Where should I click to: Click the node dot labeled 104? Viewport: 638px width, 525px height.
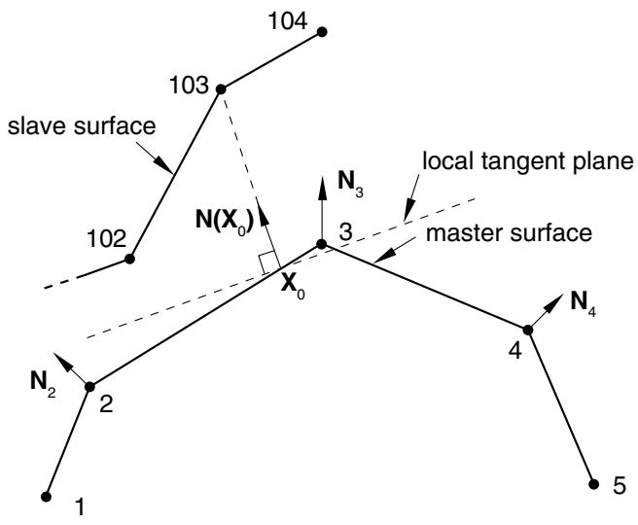click(322, 32)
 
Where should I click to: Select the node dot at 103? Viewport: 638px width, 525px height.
click(221, 89)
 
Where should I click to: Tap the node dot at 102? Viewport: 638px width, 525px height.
click(129, 259)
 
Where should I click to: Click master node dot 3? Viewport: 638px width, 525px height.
click(322, 244)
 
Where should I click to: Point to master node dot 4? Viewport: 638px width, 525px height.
click(528, 330)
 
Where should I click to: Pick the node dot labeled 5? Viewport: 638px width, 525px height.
click(594, 484)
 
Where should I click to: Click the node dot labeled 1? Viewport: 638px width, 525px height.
click(46, 497)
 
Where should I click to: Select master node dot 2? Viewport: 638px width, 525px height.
click(89, 386)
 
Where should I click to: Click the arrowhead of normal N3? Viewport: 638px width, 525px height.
click(322, 188)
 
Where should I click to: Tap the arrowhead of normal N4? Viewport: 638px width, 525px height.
click(554, 302)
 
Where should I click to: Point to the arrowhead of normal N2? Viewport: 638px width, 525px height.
click(60, 359)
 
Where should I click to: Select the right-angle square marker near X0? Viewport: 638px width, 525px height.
click(266, 262)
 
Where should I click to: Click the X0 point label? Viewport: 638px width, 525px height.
click(293, 289)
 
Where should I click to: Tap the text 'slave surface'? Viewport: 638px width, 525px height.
click(82, 126)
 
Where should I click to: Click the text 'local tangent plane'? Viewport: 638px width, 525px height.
click(528, 161)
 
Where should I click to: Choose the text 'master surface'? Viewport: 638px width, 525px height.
click(509, 233)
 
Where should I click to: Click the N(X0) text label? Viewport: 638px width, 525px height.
click(225, 222)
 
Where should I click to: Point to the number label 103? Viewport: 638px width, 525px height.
click(189, 86)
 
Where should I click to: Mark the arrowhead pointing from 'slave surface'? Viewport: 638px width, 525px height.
click(163, 164)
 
